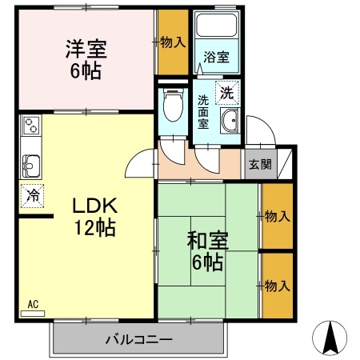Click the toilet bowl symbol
click(173, 105)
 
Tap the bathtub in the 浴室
click(217, 25)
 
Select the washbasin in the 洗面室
click(230, 121)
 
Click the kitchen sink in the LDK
click(31, 166)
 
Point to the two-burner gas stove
click(30, 126)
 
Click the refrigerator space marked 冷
click(33, 196)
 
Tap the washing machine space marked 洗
click(227, 93)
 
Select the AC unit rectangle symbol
click(33, 314)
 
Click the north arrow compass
click(330, 338)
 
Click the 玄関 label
click(260, 165)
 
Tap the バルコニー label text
click(139, 340)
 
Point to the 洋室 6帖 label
click(86, 60)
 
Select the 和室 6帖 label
click(207, 251)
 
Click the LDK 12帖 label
click(95, 217)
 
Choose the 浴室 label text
click(216, 57)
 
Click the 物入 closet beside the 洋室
click(174, 42)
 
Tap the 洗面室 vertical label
click(203, 113)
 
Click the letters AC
click(33, 304)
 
